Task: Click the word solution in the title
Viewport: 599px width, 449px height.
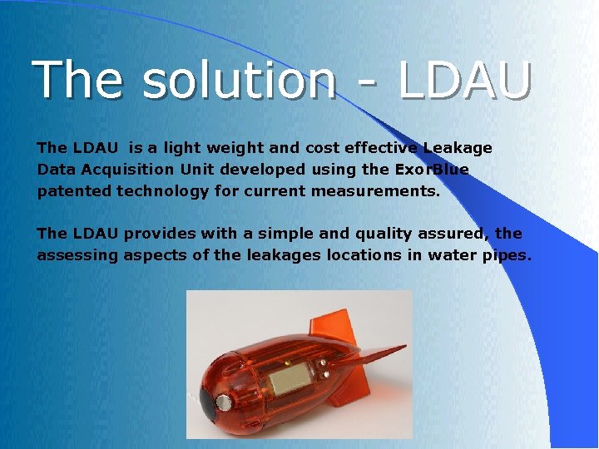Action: tap(240, 80)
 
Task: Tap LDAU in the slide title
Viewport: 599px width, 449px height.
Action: tap(464, 80)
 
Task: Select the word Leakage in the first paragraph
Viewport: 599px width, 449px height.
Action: tap(458, 148)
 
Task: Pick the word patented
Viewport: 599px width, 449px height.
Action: tap(74, 191)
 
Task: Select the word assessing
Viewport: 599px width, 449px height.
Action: tap(77, 255)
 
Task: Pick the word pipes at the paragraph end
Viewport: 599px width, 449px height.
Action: tap(506, 255)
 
